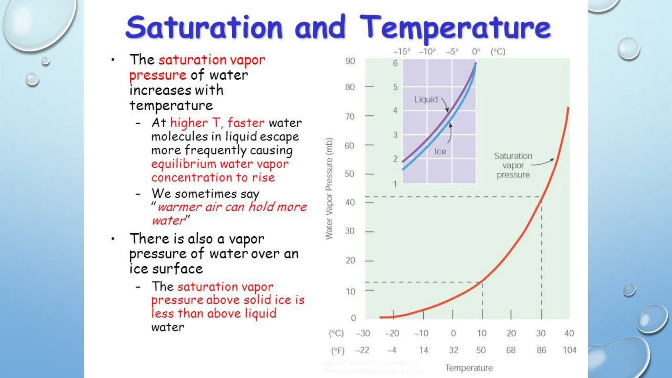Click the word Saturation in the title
[x=204, y=28]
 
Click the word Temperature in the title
[x=455, y=28]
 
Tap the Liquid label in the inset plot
[x=426, y=99]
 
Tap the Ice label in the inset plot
[x=440, y=152]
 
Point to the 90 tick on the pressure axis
[x=350, y=61]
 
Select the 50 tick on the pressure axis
[x=349, y=174]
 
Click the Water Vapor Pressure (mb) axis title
[x=329, y=189]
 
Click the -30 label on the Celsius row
[x=363, y=333]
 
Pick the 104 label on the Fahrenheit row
[x=569, y=350]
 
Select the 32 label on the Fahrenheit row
[x=453, y=350]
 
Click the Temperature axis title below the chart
[x=469, y=368]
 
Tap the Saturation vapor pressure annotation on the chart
[x=513, y=165]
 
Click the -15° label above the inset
[x=402, y=52]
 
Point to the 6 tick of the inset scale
[x=395, y=63]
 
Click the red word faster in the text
[x=246, y=123]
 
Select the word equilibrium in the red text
[x=183, y=164]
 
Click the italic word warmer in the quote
[x=179, y=207]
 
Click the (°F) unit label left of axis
[x=338, y=351]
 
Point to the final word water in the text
[x=168, y=327]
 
